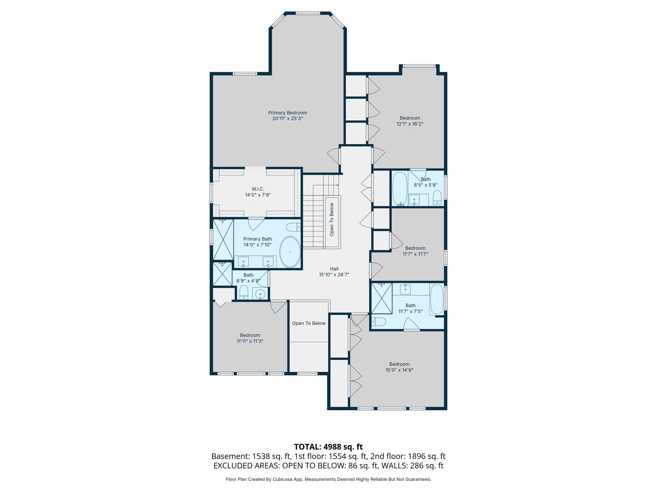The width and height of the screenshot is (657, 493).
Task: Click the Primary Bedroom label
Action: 287,113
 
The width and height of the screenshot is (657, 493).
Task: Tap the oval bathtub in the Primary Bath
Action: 290,252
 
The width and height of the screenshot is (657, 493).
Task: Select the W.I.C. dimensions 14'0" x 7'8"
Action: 258,195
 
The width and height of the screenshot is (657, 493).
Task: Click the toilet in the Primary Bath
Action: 293,227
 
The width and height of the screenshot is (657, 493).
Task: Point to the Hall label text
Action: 334,269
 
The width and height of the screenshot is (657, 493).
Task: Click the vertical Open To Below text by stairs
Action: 332,220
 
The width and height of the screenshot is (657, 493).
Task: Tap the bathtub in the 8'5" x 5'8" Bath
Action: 400,189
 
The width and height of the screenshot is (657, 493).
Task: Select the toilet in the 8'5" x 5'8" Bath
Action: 437,197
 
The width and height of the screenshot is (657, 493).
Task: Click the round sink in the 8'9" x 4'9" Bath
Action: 260,294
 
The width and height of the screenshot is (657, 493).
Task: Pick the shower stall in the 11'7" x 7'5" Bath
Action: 381,298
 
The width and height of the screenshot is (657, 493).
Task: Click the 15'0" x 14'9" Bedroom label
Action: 399,364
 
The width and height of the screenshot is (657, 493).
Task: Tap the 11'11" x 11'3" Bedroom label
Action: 250,335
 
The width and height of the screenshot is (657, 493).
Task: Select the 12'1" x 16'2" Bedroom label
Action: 410,118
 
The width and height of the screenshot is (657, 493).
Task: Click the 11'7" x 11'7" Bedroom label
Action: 415,248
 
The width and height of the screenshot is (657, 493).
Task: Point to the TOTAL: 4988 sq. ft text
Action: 328,447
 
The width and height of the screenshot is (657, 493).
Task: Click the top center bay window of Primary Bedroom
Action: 308,13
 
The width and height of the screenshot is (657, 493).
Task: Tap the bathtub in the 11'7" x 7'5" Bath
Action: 436,299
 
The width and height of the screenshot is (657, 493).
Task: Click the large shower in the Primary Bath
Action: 223,240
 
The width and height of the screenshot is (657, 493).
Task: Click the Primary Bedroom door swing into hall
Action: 334,156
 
